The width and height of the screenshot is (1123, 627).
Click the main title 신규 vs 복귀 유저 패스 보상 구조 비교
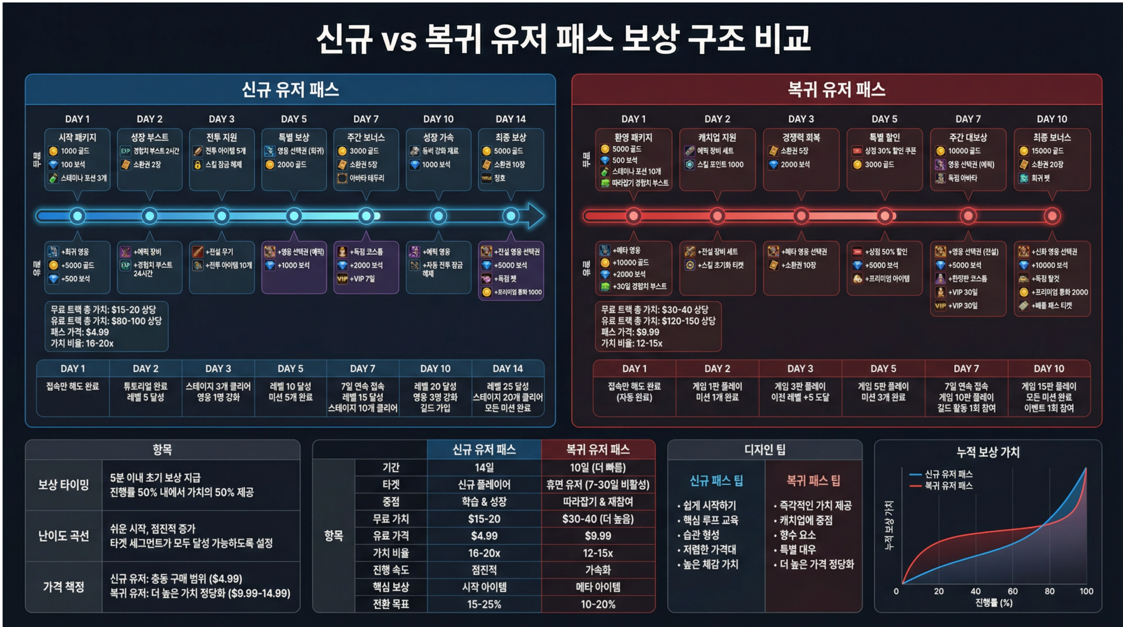tap(562, 39)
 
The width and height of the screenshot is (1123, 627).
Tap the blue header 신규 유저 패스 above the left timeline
tap(290, 90)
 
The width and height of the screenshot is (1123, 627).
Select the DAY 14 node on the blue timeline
tap(511, 216)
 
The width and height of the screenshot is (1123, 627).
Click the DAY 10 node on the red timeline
tap(1052, 216)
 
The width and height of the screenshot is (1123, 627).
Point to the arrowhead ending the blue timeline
tap(537, 215)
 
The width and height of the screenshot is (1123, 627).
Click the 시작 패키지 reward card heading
tap(77, 137)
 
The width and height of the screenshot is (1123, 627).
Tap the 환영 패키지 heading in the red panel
tap(633, 137)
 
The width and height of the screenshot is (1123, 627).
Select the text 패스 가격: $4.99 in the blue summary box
tap(80, 332)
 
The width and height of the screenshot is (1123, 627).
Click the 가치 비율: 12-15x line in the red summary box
tap(632, 343)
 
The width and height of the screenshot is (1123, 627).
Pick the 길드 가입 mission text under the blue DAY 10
tap(435, 408)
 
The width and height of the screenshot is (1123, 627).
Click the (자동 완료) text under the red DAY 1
tap(634, 397)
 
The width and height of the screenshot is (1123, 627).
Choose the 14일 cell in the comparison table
tap(484, 467)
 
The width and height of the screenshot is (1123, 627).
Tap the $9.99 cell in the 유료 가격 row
tap(598, 536)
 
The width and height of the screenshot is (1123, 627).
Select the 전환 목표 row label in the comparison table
tap(391, 604)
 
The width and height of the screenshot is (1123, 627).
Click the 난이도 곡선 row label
tap(64, 536)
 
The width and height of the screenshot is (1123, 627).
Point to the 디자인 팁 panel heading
tap(765, 450)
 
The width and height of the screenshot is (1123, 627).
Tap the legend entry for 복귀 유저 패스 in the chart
tap(948, 486)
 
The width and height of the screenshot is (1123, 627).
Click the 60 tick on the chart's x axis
tap(1012, 591)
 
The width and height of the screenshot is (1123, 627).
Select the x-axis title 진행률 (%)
tap(993, 603)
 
